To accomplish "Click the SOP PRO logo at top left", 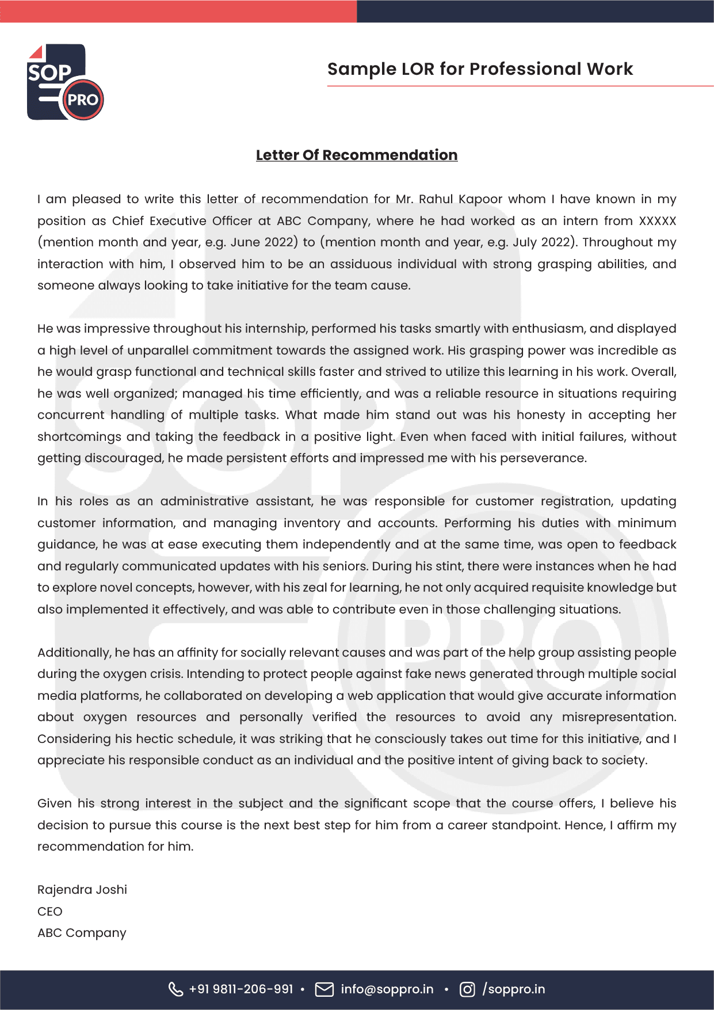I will tap(65, 82).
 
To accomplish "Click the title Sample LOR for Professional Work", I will tap(480, 69).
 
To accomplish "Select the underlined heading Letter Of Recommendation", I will tap(357, 155).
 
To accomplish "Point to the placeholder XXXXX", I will tap(658, 221).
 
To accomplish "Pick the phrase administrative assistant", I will tap(236, 501).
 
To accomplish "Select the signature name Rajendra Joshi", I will tap(82, 890).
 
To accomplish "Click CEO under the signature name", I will tap(50, 912).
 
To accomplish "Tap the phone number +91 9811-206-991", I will tap(241, 989).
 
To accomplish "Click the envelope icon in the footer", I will tap(324, 989).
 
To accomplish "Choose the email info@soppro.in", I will tap(387, 989).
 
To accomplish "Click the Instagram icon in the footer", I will tap(467, 989).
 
